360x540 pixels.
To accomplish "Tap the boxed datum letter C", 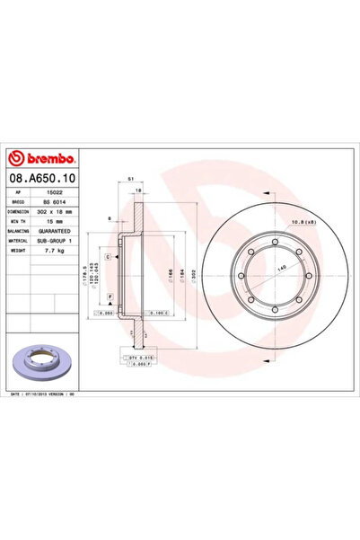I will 109,258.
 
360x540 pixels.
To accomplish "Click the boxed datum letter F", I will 109,296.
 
